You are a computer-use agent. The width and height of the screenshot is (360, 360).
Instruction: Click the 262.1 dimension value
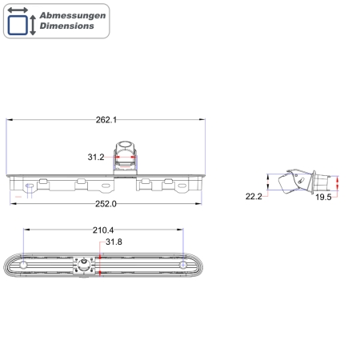tap(106, 120)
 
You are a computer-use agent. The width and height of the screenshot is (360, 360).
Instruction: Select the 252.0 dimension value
tap(106, 203)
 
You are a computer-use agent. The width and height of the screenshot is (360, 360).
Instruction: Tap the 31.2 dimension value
tap(96, 157)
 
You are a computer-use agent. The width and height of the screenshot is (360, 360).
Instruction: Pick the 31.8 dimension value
tap(114, 242)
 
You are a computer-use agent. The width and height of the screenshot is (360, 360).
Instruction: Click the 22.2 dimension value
tap(254, 196)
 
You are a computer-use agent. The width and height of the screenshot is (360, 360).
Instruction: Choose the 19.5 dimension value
tap(323, 197)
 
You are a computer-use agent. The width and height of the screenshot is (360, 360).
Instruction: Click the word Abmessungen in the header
tap(72, 15)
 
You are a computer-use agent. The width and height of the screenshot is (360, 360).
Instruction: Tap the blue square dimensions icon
tap(19, 22)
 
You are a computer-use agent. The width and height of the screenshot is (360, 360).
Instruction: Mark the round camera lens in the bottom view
tap(84, 266)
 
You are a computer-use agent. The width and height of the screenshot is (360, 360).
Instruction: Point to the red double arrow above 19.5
tap(337, 185)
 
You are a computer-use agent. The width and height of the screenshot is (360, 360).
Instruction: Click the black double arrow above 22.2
tap(267, 183)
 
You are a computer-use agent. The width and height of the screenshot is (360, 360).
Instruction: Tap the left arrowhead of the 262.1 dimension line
tap(9, 120)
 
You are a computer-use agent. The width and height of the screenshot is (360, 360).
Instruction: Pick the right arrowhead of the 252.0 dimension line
tap(200, 203)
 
